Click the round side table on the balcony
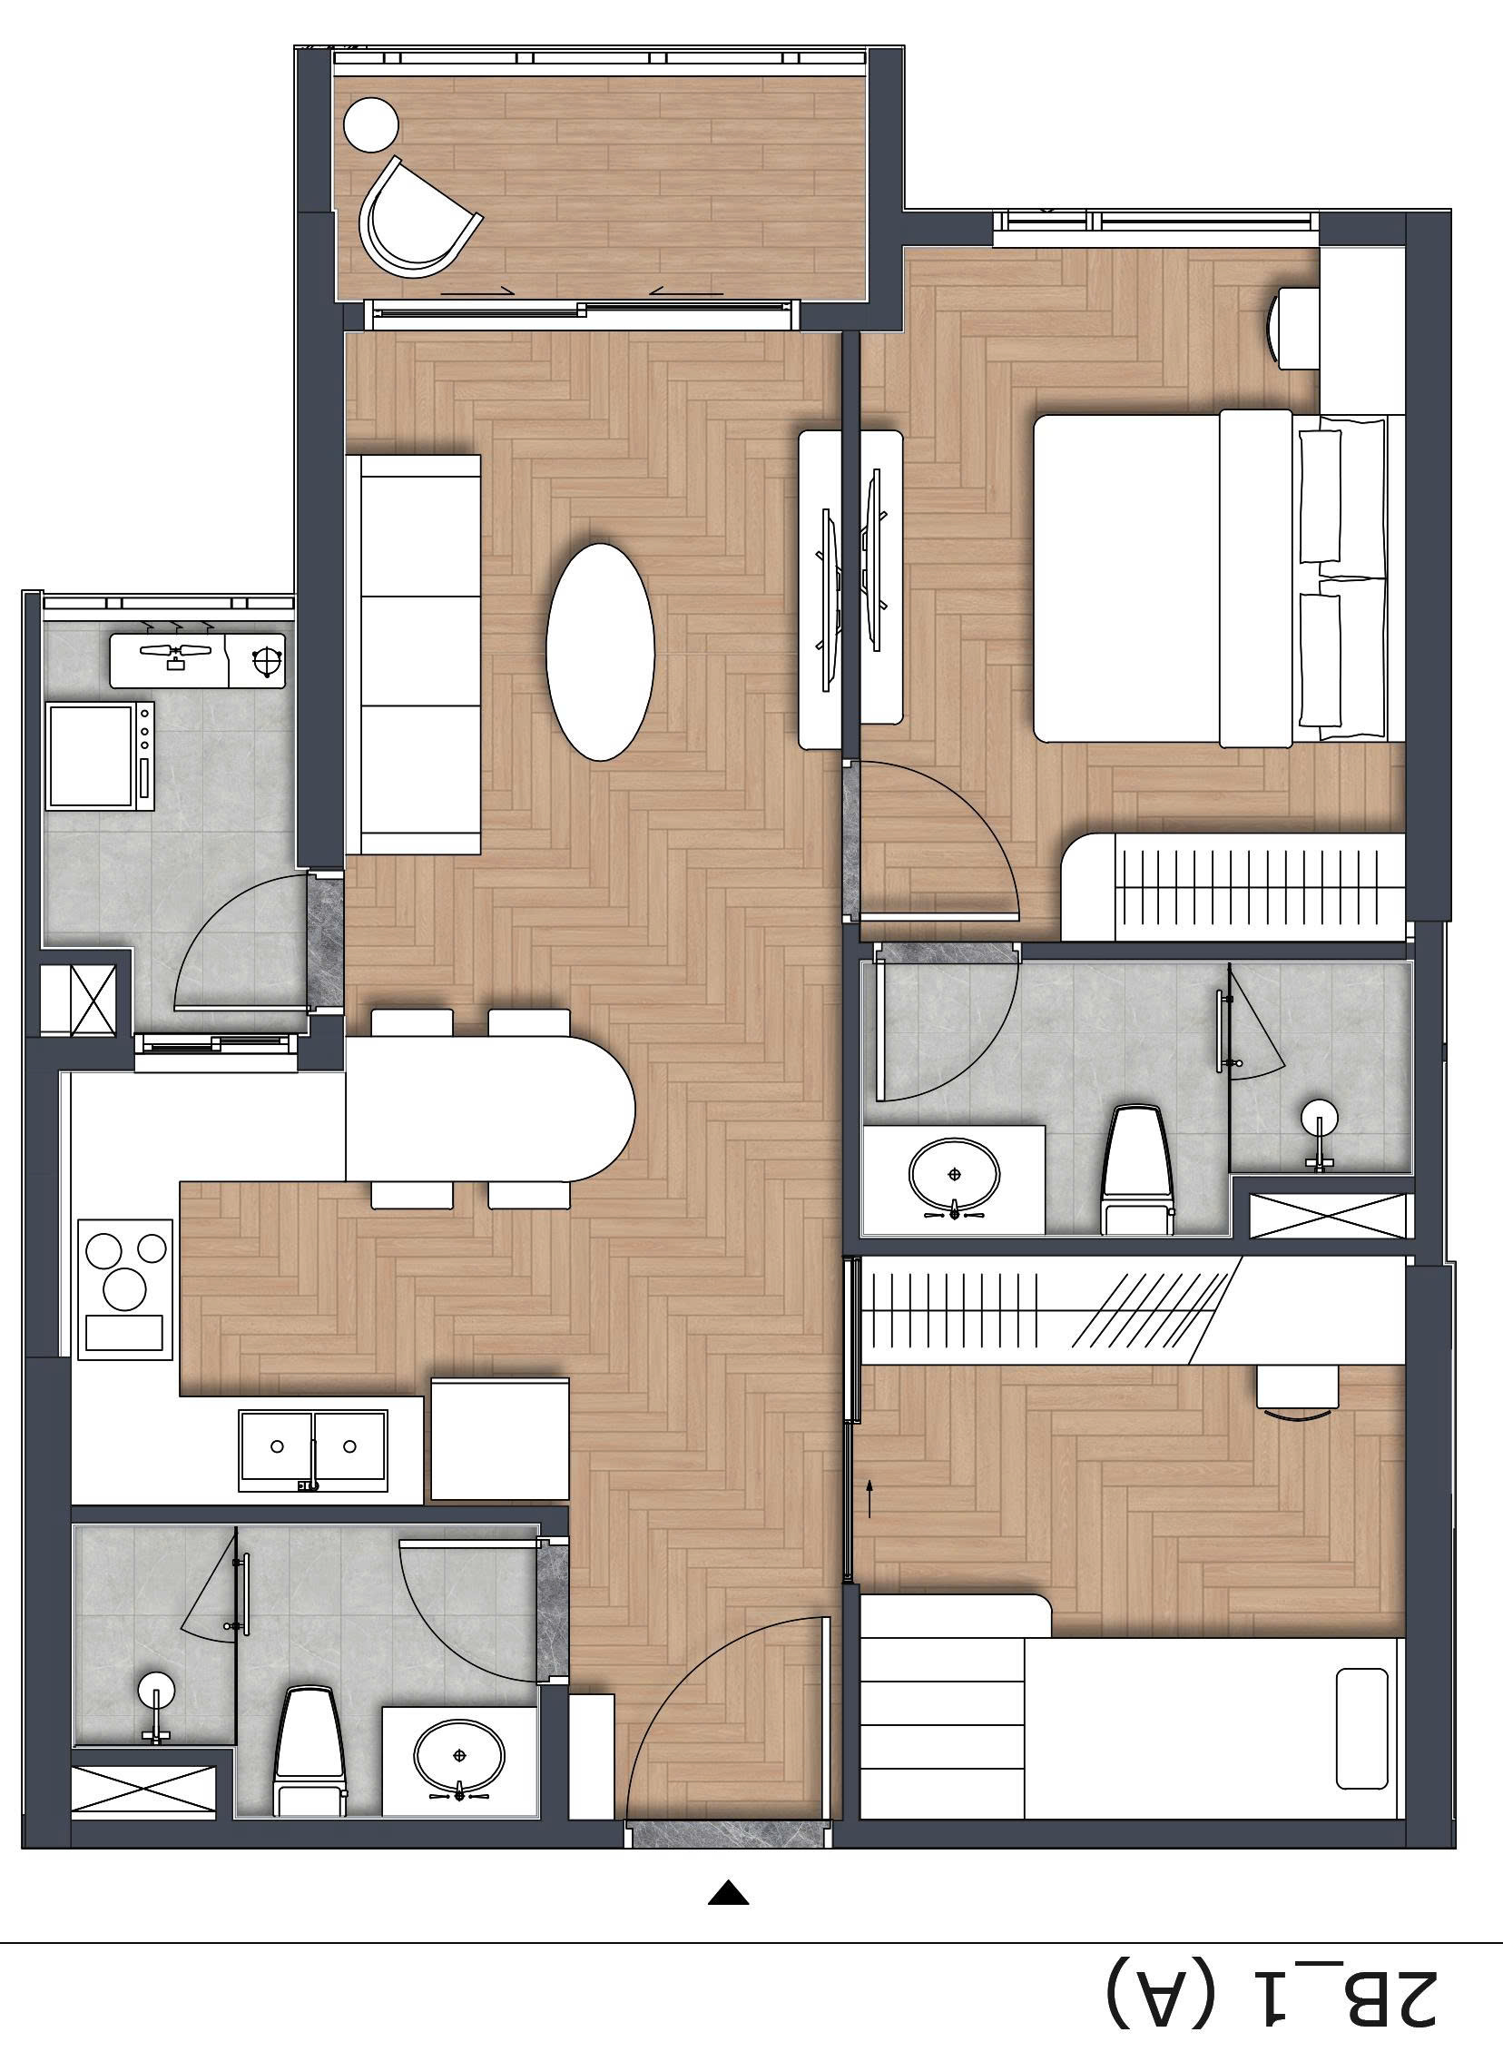coord(370,123)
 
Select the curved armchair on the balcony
coord(414,222)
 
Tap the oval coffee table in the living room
coord(600,651)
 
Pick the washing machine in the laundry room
coord(100,755)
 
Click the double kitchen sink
coord(312,1450)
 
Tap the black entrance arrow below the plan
coord(728,1861)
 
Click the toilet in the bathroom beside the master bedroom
coord(1135,1169)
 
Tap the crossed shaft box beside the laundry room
coord(79,998)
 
